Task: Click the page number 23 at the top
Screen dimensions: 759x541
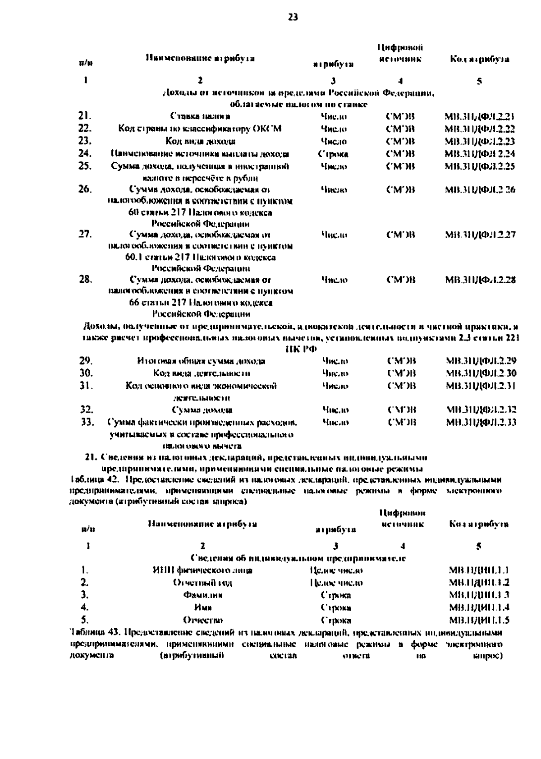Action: coord(293,18)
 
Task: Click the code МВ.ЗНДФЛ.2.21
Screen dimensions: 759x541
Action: coord(480,116)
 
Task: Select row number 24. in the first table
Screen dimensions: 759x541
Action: coord(85,153)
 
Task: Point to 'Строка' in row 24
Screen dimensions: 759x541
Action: coord(333,154)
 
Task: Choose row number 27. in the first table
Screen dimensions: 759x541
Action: coord(85,234)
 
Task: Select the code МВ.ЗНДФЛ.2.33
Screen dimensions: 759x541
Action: coord(481,422)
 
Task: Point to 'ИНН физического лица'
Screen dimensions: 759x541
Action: coord(202,570)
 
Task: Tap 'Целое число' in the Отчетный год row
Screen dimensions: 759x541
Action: coord(336,583)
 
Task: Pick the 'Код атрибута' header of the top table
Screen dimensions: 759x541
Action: coord(480,59)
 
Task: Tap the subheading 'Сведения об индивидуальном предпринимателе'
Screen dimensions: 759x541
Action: coord(298,558)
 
